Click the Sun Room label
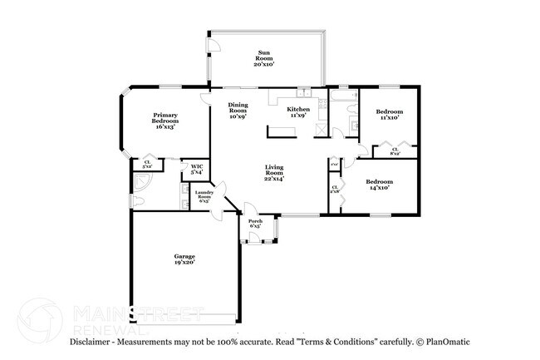(x=265, y=57)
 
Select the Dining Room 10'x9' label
(x=238, y=111)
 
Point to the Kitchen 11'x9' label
(x=297, y=112)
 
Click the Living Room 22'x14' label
(x=275, y=172)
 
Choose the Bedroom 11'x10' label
(x=389, y=115)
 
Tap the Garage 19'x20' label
(x=184, y=259)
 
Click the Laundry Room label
(x=204, y=197)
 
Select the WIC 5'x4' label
(x=197, y=169)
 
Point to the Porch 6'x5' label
(x=255, y=223)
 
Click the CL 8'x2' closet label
(x=395, y=150)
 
